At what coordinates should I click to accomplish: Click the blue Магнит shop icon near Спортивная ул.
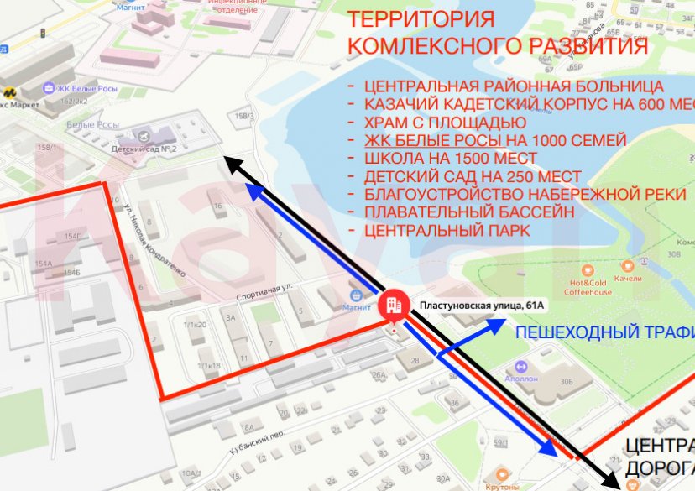(357, 295)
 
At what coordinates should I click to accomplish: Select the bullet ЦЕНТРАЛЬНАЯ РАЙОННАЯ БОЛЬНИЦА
(514, 86)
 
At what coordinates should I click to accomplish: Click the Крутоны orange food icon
(504, 473)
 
